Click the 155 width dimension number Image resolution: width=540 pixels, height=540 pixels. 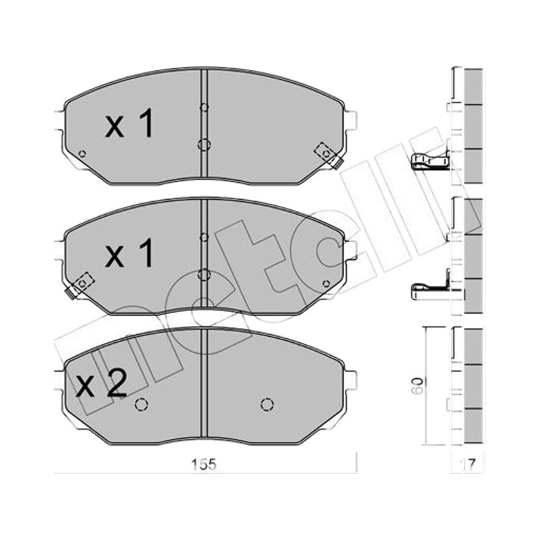(x=205, y=464)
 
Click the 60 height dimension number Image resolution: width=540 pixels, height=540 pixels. (x=418, y=385)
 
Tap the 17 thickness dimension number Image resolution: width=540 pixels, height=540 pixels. (x=468, y=465)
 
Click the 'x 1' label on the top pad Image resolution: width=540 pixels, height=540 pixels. (x=129, y=124)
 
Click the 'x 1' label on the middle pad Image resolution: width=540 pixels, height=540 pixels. (x=129, y=254)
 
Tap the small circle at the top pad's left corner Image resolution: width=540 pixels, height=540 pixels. (x=82, y=154)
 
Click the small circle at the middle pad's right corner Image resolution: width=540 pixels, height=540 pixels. (x=326, y=283)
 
